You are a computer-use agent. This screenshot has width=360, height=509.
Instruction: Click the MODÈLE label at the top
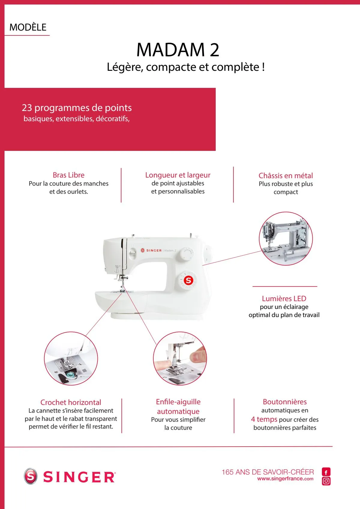tap(28, 27)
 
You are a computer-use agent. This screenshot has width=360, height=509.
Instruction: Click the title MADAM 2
tap(178, 50)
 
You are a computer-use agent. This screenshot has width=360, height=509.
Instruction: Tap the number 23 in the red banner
tap(27, 108)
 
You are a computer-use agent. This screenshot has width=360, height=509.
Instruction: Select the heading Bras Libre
tap(68, 175)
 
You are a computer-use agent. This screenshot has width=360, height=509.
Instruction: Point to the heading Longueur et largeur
tap(178, 175)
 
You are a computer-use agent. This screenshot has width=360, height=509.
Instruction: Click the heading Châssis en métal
tap(286, 175)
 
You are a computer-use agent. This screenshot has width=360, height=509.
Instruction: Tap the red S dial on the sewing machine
tap(188, 280)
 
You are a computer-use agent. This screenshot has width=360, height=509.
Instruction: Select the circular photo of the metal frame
tap(286, 239)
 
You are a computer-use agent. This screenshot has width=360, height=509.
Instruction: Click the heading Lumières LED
tap(284, 298)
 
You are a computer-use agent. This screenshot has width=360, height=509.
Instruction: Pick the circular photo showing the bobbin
tap(71, 359)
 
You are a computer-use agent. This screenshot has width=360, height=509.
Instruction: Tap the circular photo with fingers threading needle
tap(180, 359)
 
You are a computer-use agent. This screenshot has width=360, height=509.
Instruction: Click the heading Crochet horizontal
tap(71, 402)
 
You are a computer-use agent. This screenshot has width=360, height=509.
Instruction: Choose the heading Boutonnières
tap(285, 402)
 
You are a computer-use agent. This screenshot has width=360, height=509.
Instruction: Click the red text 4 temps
tap(264, 419)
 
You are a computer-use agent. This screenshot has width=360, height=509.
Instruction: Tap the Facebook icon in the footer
tap(326, 472)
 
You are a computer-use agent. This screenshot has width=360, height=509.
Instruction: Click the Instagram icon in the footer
tap(326, 481)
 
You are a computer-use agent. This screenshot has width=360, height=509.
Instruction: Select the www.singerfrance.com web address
tap(285, 479)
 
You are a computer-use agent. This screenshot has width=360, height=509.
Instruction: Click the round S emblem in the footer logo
tap(31, 476)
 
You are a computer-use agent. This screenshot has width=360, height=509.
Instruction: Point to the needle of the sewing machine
tap(122, 285)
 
